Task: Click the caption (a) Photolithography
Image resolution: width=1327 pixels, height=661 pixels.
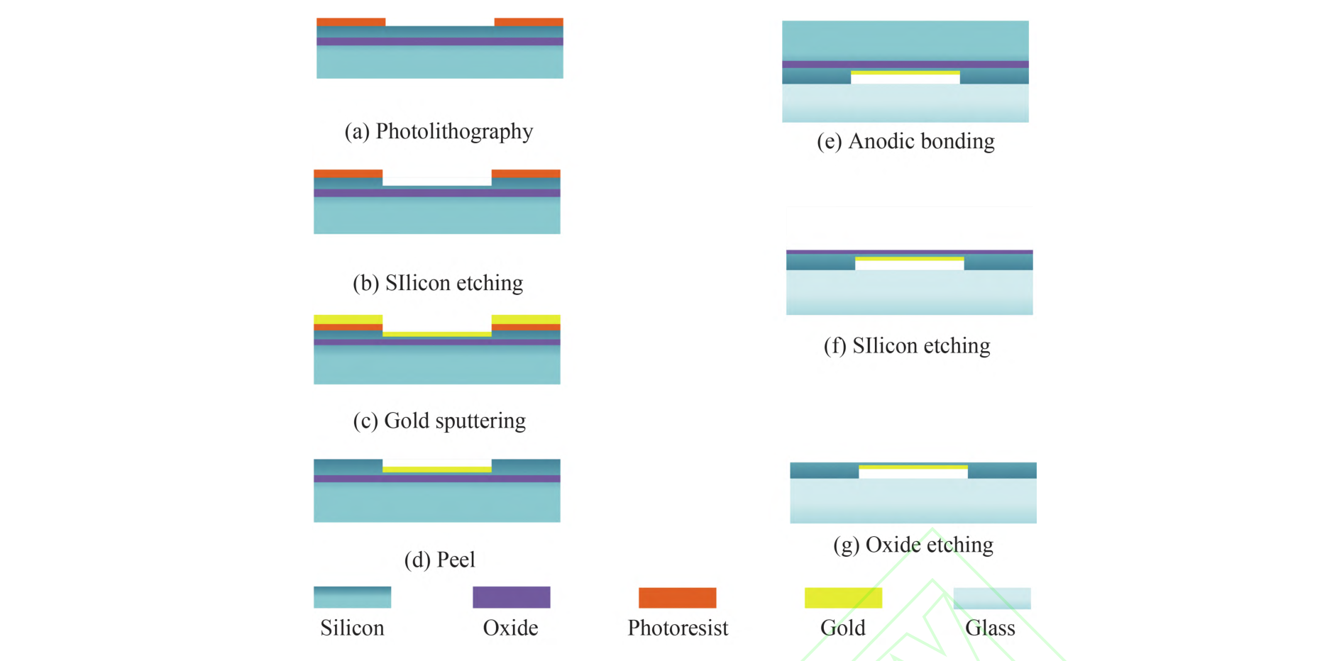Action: tap(439, 132)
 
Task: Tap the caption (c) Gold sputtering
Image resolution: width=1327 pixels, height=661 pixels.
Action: tap(439, 421)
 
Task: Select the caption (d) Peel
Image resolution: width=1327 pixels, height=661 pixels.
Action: tap(439, 560)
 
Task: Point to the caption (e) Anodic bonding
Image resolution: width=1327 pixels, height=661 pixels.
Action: tap(905, 141)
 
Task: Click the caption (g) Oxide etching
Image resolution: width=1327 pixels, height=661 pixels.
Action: tap(913, 545)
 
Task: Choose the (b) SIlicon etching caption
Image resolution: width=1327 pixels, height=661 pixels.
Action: tap(438, 283)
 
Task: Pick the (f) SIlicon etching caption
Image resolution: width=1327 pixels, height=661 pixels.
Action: tap(907, 345)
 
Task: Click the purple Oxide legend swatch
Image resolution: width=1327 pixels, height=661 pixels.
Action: tap(511, 597)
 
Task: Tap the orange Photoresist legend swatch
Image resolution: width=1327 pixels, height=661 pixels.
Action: tap(677, 597)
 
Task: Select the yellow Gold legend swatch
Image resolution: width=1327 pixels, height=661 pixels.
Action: tap(843, 597)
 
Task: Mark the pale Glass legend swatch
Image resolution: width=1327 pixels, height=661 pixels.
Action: tap(991, 597)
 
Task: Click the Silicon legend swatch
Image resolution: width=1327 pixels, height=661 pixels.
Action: tap(352, 597)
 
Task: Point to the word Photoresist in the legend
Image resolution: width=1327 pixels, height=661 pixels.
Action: tap(678, 628)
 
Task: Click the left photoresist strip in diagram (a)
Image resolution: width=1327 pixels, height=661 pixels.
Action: tap(351, 22)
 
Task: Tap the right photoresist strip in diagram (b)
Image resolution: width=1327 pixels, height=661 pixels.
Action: tap(526, 173)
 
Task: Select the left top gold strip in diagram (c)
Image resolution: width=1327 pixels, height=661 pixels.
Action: tap(348, 319)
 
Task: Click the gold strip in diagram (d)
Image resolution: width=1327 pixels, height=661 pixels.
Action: tap(436, 469)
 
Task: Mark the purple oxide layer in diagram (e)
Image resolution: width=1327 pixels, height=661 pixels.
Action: tap(905, 65)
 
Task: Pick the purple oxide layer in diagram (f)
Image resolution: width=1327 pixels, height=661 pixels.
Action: tap(909, 252)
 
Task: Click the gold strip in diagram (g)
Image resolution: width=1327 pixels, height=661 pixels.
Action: tap(913, 467)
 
